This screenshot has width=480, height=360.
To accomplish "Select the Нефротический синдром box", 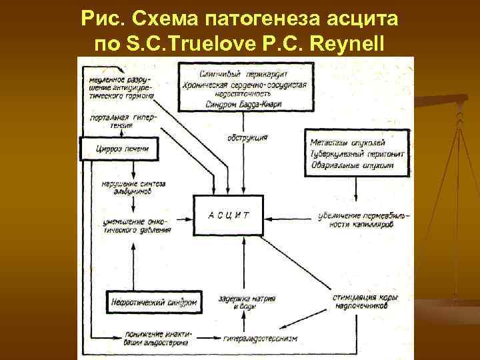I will pyautogui.click(x=153, y=302).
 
